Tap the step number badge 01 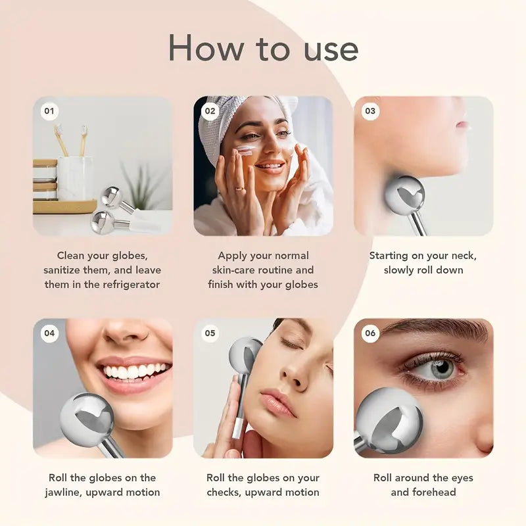(x=49, y=111)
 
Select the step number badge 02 (x=210, y=111)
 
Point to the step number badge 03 (x=370, y=111)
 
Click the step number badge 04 (x=49, y=333)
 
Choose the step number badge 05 (x=210, y=333)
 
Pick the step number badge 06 (x=370, y=333)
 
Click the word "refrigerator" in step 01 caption (x=131, y=285)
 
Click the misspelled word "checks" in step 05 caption (x=224, y=492)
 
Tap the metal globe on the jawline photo (x=87, y=421)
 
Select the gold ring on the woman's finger (x=239, y=189)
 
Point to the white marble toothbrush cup (x=75, y=178)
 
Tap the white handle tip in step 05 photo (x=237, y=428)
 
